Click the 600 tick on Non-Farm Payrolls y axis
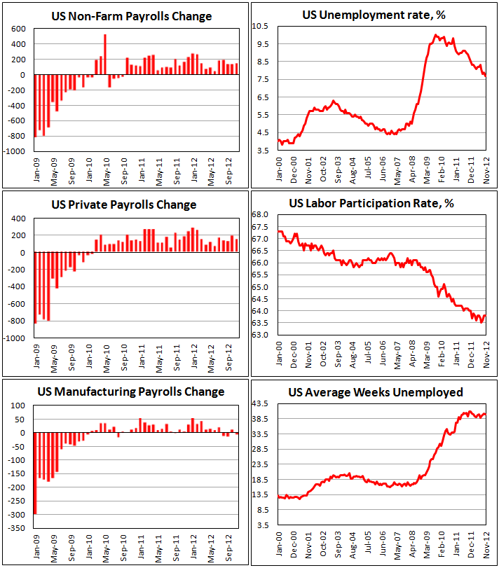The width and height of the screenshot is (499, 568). point(18,29)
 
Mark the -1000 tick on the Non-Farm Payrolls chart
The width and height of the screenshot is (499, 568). point(15,151)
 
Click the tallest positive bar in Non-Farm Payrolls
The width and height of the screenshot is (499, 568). point(105,55)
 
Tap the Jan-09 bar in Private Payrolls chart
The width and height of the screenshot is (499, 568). point(35,288)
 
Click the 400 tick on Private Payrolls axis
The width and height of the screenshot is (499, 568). point(19,219)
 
